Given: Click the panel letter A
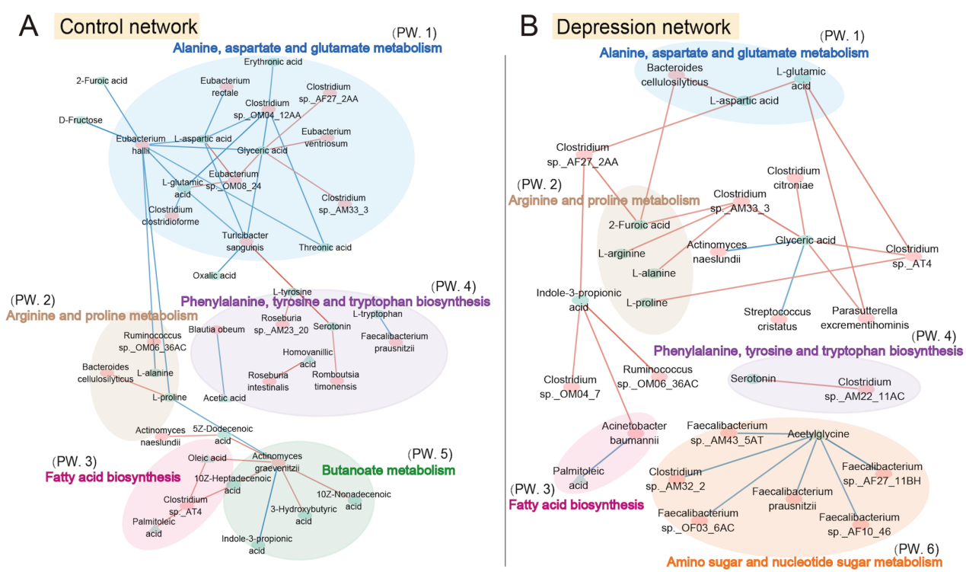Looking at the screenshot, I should (x=28, y=27).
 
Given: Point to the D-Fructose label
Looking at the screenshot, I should (x=80, y=120).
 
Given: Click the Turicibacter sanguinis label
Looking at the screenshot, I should (x=243, y=241).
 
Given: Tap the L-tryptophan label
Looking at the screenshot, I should (x=378, y=314).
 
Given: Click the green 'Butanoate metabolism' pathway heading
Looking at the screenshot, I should (x=388, y=471).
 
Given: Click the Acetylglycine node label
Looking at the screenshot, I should (x=818, y=433).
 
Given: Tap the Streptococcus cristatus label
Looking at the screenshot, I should (x=777, y=318).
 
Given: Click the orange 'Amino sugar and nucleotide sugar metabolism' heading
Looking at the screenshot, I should (x=804, y=562).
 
